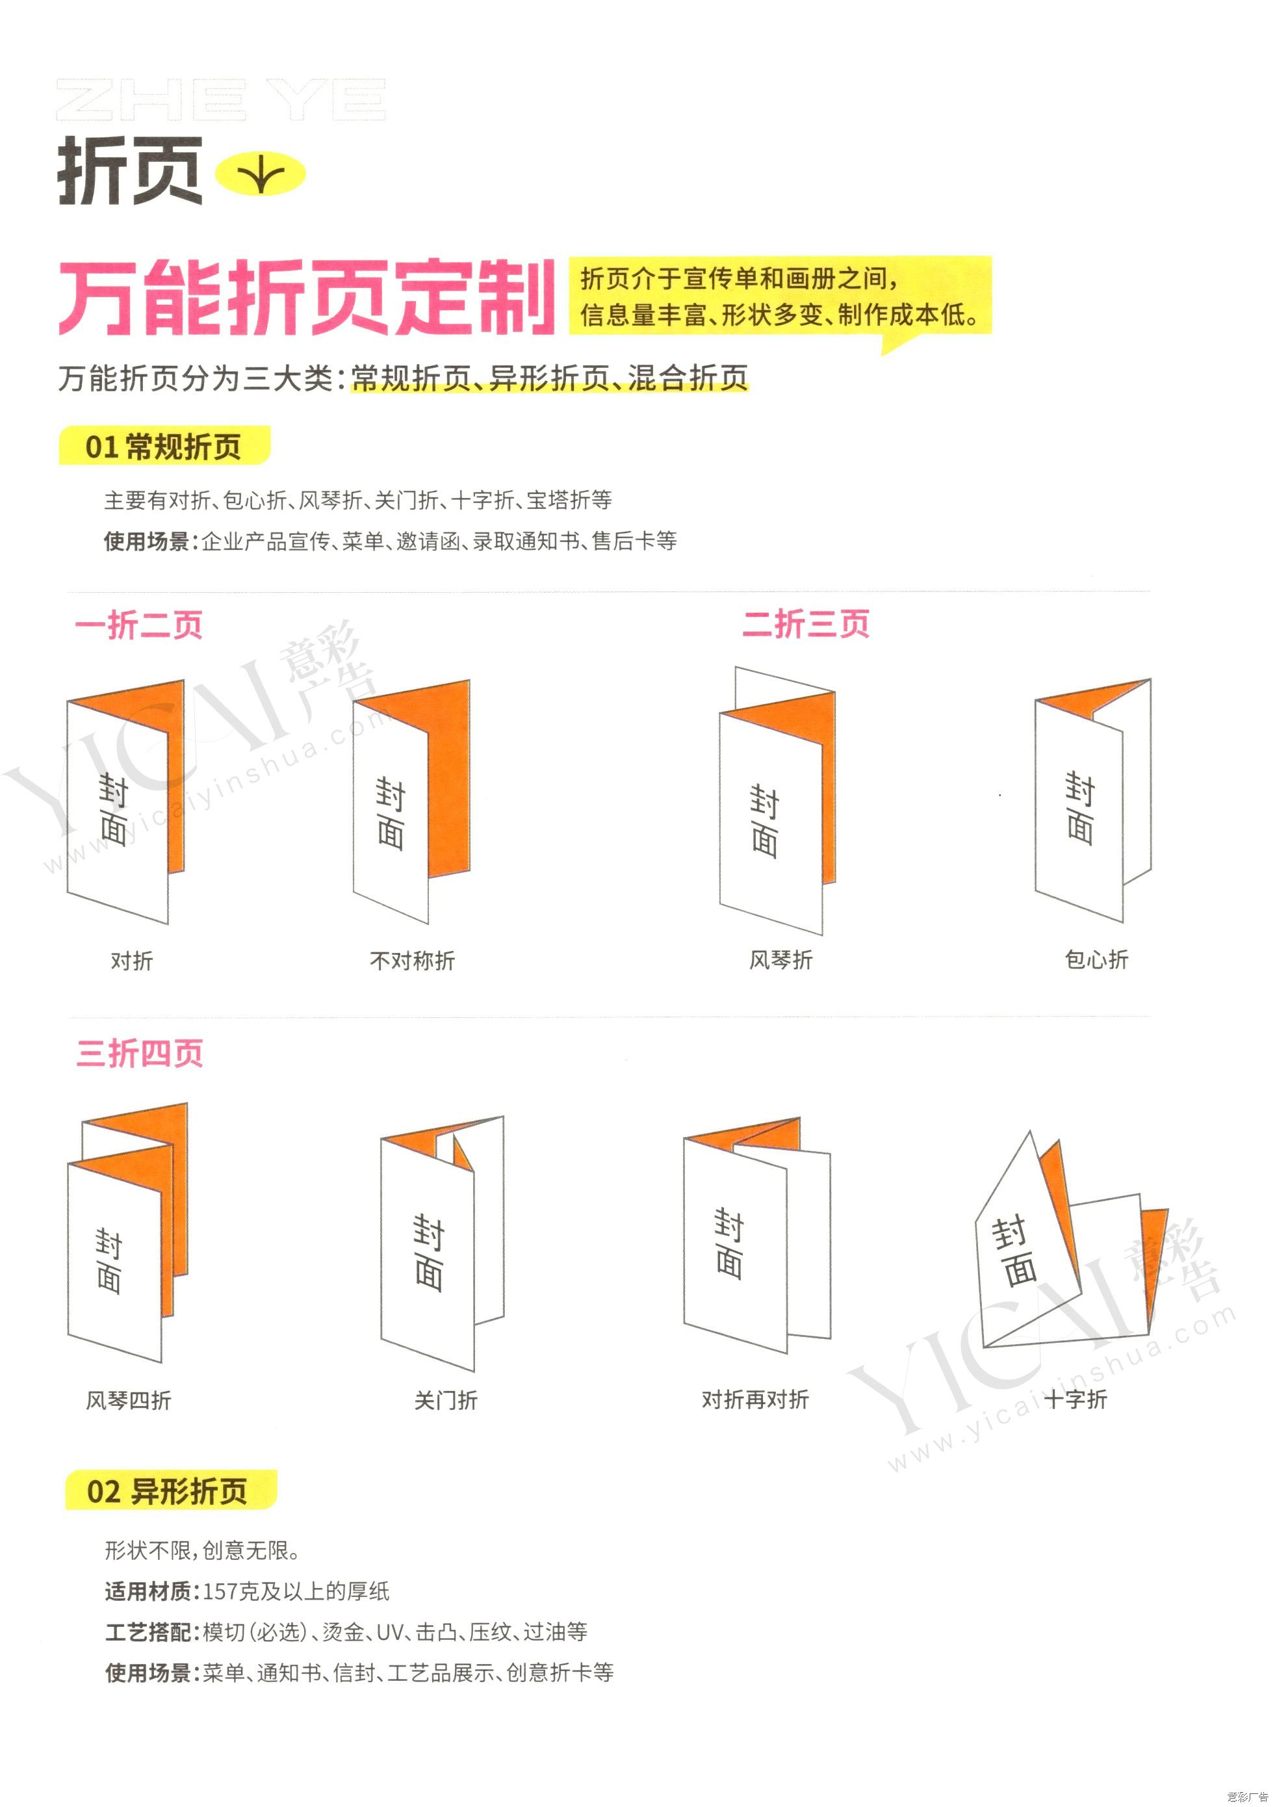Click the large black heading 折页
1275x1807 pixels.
pos(130,171)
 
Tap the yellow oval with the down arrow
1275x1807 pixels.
pos(261,174)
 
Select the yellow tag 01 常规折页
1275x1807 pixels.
pos(164,447)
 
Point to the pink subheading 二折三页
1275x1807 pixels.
pos(806,624)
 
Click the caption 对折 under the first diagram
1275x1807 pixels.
pos(131,961)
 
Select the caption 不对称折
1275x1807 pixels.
pos(413,961)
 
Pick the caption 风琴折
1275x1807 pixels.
pos(780,960)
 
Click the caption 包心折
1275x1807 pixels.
pos(1096,959)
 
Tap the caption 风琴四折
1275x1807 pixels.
pos(128,1401)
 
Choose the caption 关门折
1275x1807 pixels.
pos(445,1401)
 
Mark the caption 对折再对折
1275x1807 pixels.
pos(756,1400)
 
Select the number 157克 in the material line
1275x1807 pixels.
pos(235,1591)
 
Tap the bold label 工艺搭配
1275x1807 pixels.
pos(148,1632)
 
